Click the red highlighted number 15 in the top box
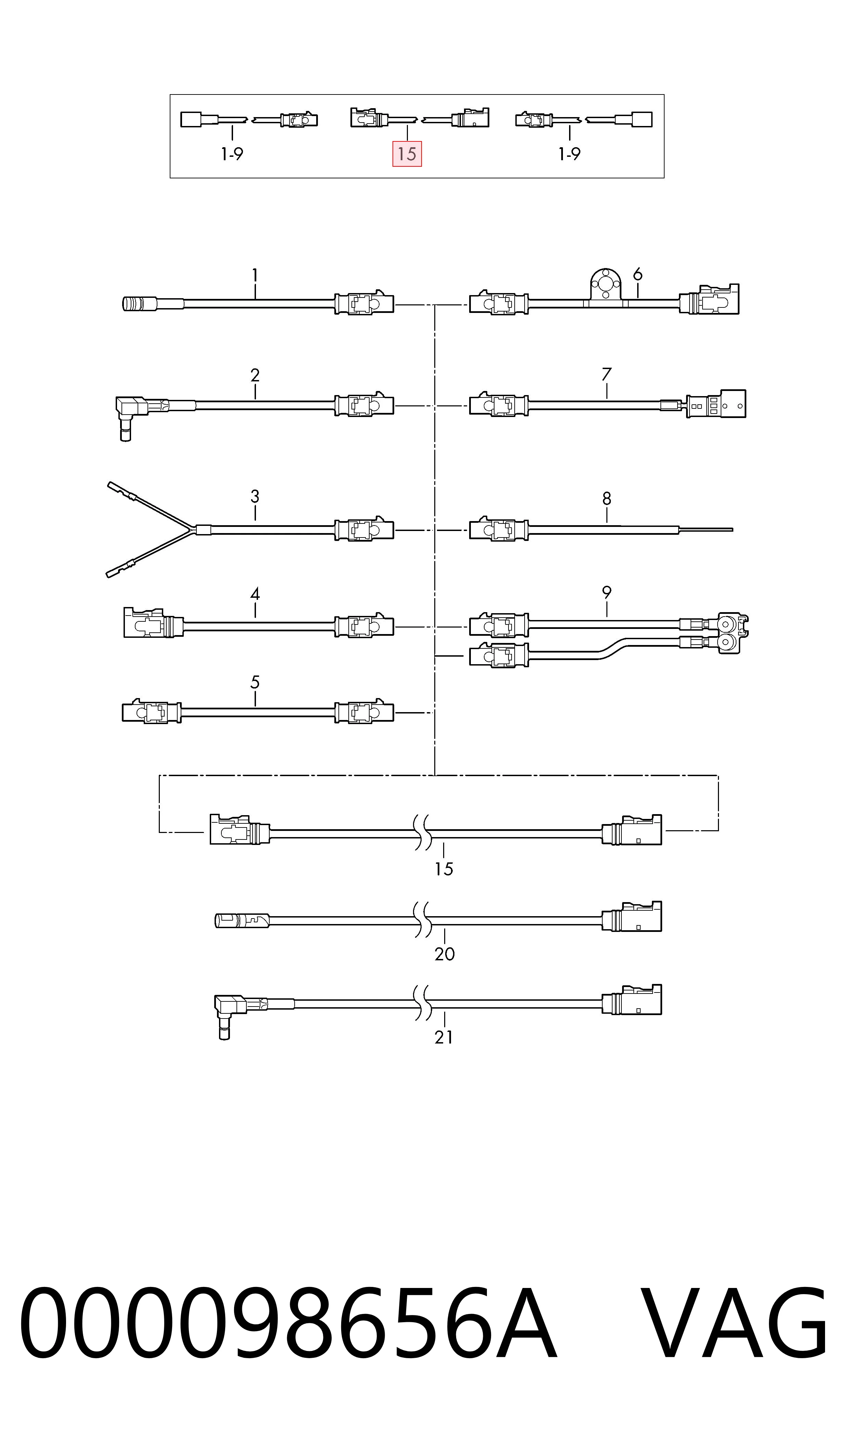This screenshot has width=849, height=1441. [407, 154]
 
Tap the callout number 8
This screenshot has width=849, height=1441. [607, 499]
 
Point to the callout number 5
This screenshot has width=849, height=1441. [255, 682]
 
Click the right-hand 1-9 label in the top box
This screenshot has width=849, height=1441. [570, 154]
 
